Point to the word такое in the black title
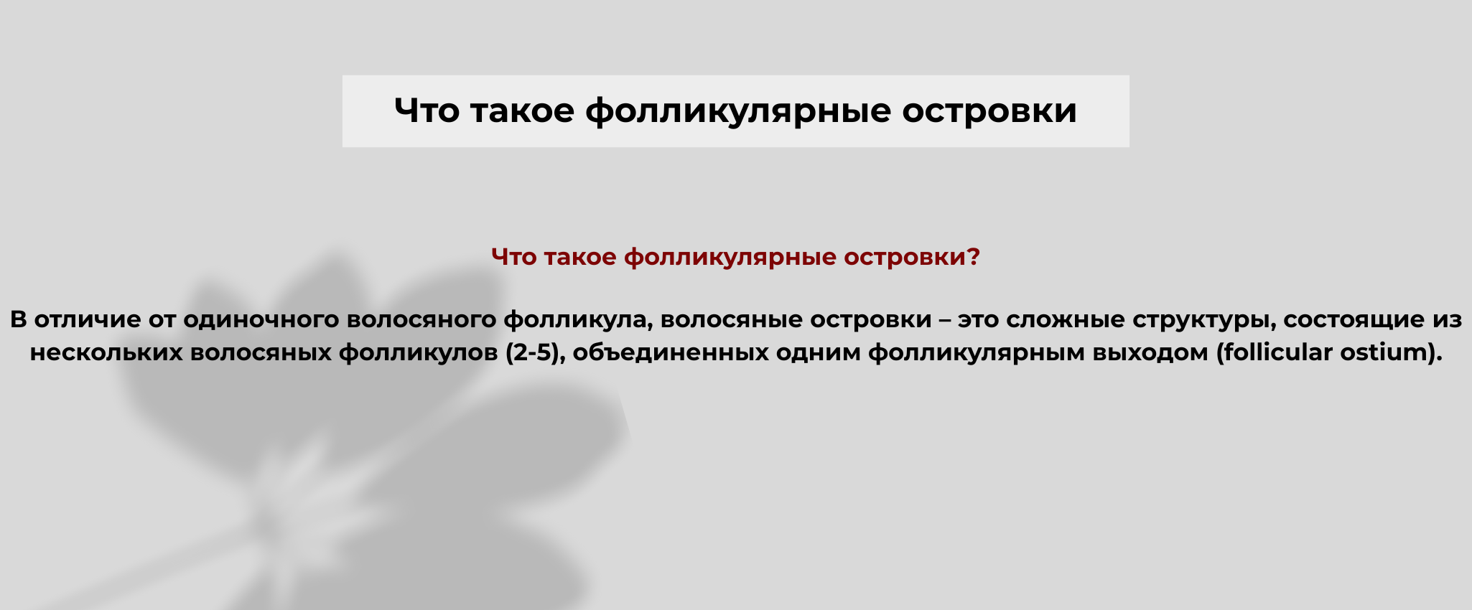coord(522,111)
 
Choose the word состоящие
coord(1351,320)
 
